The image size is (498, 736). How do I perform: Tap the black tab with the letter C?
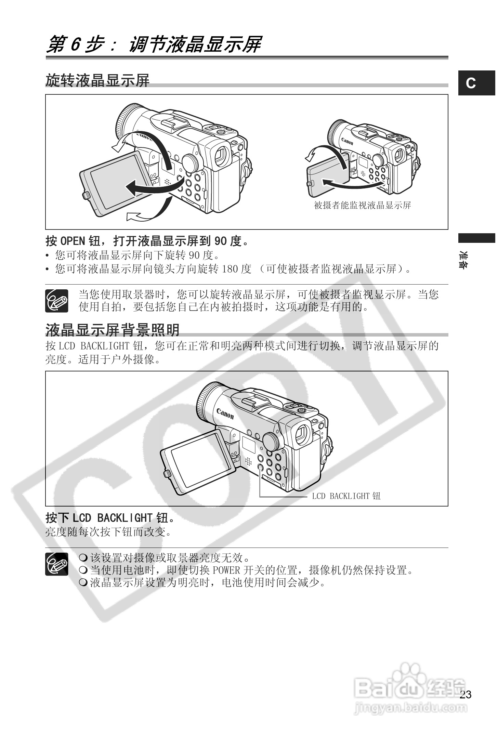click(x=476, y=83)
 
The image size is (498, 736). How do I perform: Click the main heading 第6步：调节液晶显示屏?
click(x=154, y=45)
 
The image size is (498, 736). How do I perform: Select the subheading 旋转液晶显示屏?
click(x=97, y=81)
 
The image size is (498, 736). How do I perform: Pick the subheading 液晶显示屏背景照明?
click(x=113, y=330)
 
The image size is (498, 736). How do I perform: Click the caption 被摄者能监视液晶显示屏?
click(x=362, y=205)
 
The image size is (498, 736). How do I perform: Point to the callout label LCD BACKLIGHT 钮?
click(x=346, y=496)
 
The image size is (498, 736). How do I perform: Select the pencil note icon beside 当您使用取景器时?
click(x=57, y=301)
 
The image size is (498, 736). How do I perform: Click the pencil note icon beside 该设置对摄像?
click(x=57, y=564)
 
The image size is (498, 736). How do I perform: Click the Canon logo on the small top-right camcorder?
click(x=347, y=141)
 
